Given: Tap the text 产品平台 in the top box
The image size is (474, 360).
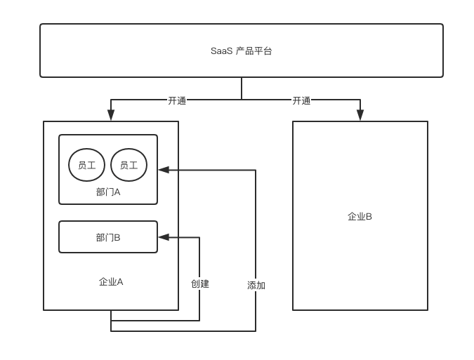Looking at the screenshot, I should coord(254,51).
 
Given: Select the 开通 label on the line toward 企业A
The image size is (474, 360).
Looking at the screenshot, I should coord(177,100).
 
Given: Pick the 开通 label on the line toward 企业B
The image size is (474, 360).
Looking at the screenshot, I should coord(301,100).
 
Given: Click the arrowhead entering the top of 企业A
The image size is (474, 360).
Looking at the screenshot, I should coord(110,116).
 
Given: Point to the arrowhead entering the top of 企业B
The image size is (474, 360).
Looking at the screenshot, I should coord(360,116).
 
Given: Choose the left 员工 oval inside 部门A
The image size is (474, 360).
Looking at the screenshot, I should coord(87,166).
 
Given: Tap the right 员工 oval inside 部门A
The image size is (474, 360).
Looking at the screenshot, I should coord(129,166).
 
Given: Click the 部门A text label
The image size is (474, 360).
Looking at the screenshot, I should coord(108,192).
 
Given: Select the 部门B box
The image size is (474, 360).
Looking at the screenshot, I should coord(108,237).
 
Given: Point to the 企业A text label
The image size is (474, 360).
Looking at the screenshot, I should coord(111,282).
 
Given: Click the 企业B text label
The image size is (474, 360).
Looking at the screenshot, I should coord(360,216).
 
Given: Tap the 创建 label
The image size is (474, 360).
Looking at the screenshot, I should coord(200,284).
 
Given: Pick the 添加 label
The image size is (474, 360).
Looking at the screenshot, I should coord(256,286).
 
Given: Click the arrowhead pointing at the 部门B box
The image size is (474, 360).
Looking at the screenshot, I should coord(164,237).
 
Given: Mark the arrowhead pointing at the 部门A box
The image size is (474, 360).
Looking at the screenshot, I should coord(164,170).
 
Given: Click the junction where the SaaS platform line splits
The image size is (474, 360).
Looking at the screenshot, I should coord(242,100).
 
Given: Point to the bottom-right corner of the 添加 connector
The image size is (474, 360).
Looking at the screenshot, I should coord(255,331).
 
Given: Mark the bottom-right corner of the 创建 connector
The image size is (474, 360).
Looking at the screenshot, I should coord(199,320).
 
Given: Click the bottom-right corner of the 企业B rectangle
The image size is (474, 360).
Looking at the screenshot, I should coord(427,309).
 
